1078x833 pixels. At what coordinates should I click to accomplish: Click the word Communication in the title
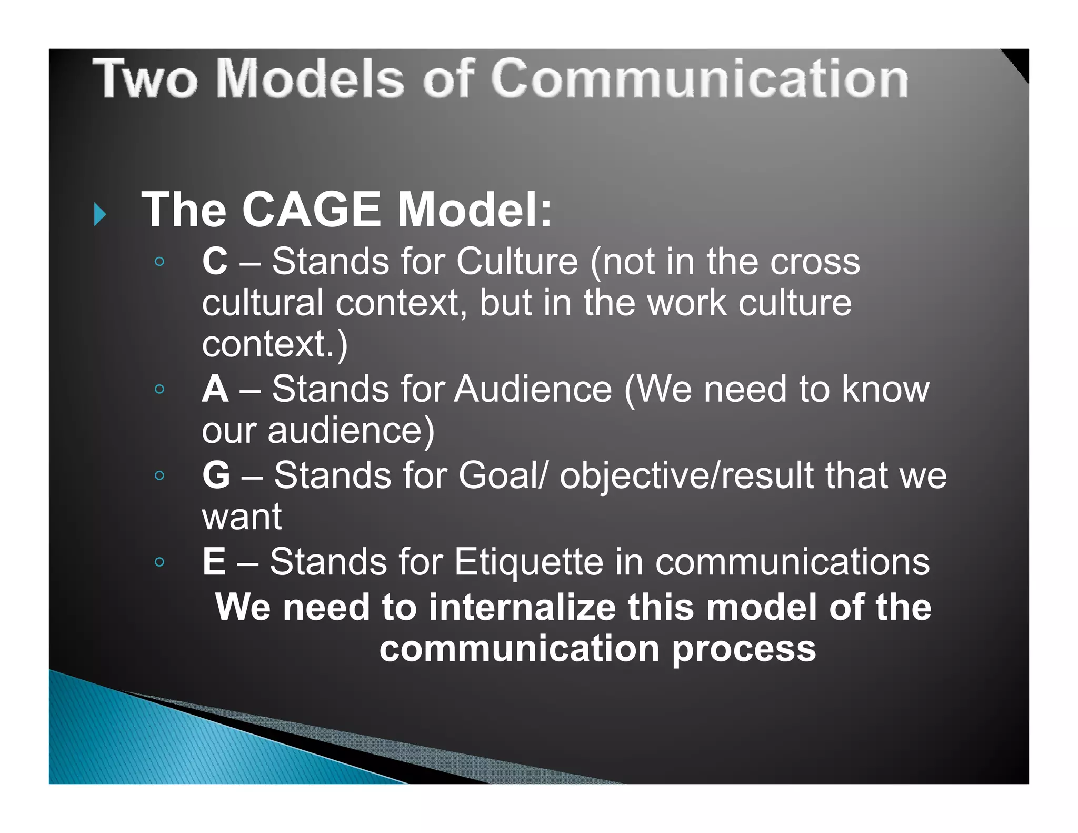[700, 79]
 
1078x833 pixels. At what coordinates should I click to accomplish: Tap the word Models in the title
[310, 79]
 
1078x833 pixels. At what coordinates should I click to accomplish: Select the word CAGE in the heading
[311, 210]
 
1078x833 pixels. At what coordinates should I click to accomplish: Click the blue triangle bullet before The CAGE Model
[100, 214]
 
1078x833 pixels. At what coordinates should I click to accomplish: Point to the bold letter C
[215, 261]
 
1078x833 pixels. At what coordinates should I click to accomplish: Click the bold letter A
[215, 390]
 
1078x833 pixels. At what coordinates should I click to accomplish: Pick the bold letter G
[216, 475]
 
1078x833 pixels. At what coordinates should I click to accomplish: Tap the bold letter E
[214, 562]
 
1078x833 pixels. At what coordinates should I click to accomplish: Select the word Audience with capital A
[533, 390]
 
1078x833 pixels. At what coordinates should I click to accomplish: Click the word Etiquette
[528, 562]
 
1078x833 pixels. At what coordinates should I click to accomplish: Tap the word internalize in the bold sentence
[522, 607]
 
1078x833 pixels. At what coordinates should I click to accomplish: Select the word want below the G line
[242, 518]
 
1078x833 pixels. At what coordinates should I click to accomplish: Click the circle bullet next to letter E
[159, 562]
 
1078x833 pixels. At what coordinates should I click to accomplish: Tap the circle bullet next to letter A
[159, 389]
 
